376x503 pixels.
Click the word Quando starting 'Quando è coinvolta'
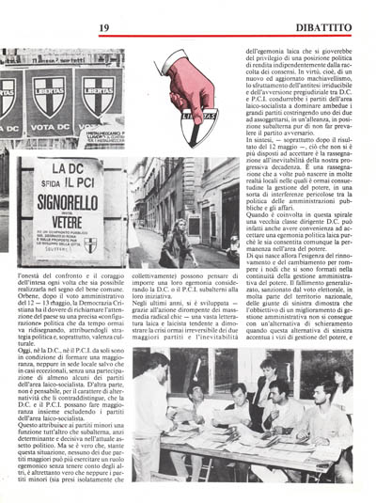[x=259, y=241]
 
